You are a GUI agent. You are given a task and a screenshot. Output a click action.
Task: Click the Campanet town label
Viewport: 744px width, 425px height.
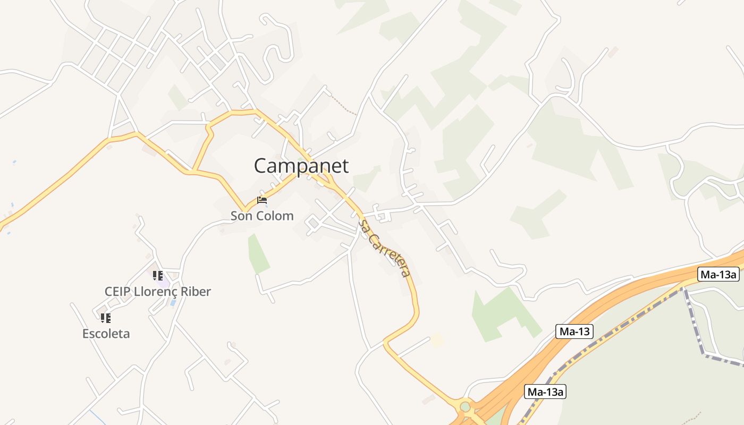(301, 166)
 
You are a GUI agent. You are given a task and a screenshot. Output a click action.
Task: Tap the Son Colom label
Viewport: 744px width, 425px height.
(262, 216)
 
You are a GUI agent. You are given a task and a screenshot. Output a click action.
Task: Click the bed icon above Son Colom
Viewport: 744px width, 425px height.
(262, 200)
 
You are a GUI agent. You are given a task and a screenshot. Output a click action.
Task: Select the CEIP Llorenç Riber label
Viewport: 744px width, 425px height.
(158, 291)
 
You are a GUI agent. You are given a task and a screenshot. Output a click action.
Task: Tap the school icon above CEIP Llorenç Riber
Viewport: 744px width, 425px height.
(158, 275)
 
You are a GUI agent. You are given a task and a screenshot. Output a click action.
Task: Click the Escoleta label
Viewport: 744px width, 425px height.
(106, 334)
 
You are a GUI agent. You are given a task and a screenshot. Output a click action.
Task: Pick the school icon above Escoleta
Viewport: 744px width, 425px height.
(106, 318)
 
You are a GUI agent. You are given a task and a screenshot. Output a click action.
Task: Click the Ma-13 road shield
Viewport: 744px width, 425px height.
(575, 331)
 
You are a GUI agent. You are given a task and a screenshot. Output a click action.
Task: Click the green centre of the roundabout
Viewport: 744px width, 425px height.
(466, 407)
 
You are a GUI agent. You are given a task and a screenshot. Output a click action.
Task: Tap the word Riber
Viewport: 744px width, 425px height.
(195, 291)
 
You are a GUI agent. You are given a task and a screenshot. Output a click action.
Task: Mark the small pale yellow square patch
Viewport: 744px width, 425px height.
(437, 339)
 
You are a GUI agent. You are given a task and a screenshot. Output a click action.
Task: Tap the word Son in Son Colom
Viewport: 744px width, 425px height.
(241, 216)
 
